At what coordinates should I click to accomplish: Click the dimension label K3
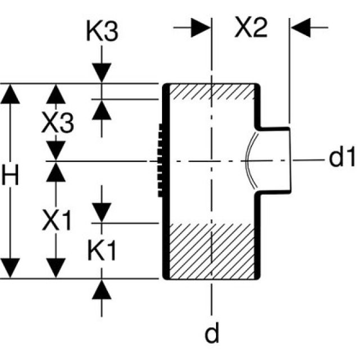(x=102, y=32)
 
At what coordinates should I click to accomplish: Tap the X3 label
(x=57, y=123)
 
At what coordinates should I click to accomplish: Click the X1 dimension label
(x=57, y=222)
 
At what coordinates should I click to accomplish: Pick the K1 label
(x=102, y=251)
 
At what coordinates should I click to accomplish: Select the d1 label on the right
(x=342, y=159)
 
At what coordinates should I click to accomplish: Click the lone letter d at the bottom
(x=211, y=335)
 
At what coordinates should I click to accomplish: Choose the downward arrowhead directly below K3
(x=102, y=74)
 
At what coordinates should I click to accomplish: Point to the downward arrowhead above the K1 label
(x=102, y=213)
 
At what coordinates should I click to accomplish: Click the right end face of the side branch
(x=290, y=160)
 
